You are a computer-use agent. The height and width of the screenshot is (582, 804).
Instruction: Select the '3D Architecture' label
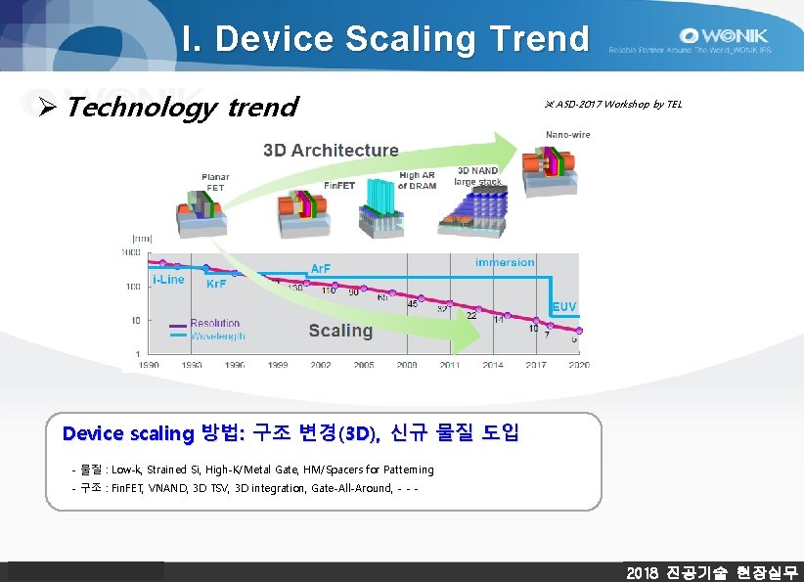pos(331,151)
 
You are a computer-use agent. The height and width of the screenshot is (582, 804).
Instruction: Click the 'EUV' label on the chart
pos(565,307)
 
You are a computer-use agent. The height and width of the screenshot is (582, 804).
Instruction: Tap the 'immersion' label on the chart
pos(505,262)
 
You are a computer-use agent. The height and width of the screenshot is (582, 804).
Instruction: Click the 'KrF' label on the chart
pos(215,283)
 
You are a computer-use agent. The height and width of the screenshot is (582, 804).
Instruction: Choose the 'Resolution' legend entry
pos(214,323)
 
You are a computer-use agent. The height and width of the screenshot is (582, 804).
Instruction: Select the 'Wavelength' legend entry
pos(217,336)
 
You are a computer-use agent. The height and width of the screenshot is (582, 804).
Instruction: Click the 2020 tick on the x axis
pos(578,364)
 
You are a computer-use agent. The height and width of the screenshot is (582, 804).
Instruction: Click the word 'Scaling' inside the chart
pos(340,331)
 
